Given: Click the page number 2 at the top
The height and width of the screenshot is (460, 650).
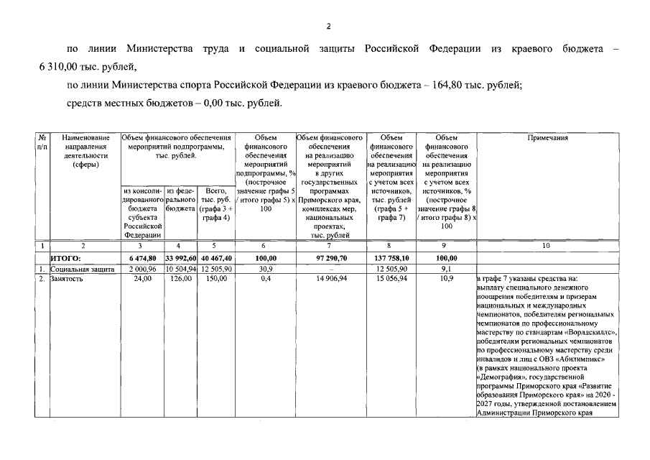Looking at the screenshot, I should pos(327,27).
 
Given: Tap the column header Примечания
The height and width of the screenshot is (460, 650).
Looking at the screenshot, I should pos(547,137).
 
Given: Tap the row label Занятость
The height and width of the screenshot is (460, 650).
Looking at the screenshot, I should pos(67,278).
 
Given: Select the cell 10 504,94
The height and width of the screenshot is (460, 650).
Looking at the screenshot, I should pos(181,268).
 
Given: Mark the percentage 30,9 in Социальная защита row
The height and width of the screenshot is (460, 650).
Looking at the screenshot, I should pos(266,268).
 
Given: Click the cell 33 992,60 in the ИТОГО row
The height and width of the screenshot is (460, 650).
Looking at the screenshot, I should pos(181,257).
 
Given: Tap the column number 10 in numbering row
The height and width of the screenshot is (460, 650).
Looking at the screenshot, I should pos(547,246).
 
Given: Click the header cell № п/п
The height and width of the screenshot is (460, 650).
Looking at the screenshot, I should pos(42,142).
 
